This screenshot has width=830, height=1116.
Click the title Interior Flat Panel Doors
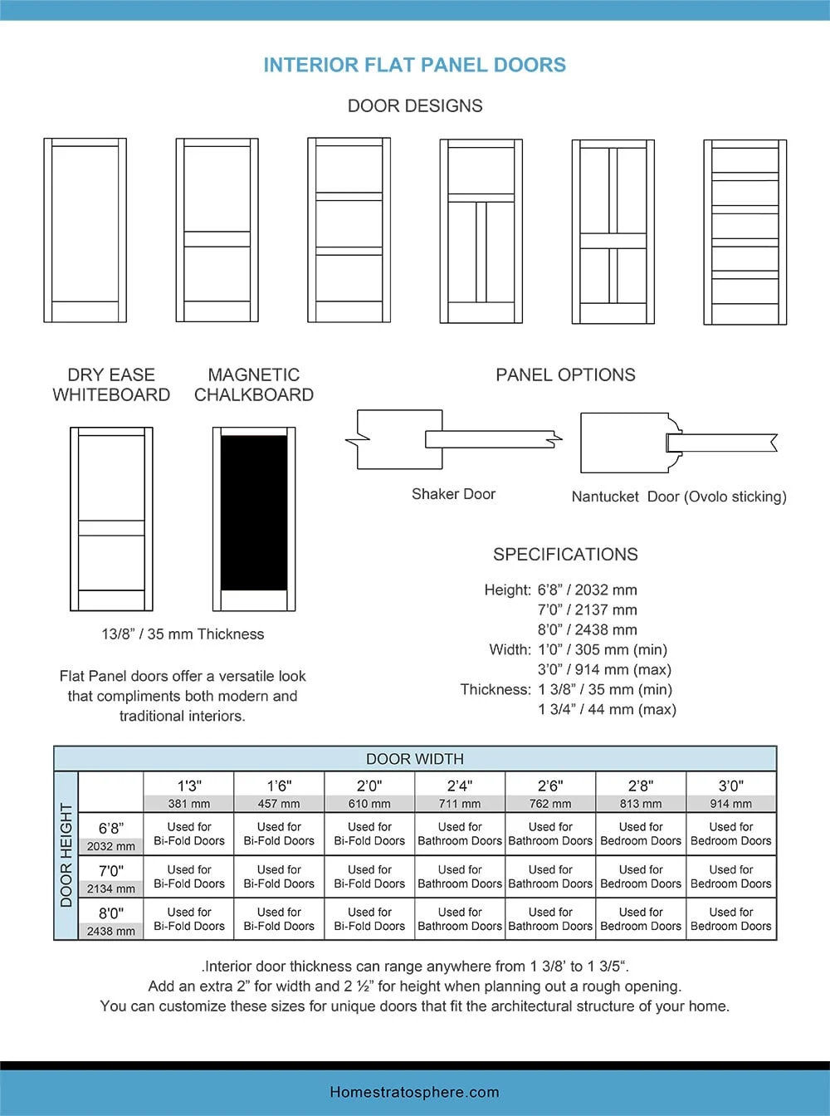pos(415,65)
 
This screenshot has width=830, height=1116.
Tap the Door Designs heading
pos(415,106)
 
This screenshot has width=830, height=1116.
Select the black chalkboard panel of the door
pos(254,512)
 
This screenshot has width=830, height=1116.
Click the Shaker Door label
pos(453,494)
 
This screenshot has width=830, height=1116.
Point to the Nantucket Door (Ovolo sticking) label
pos(679,497)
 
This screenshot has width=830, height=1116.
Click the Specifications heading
pos(565,554)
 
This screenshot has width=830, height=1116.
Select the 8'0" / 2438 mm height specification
pos(587,629)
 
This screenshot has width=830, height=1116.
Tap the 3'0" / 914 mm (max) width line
pos(604,669)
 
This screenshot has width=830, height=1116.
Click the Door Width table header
pos(415,759)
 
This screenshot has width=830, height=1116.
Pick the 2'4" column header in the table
pos(460,786)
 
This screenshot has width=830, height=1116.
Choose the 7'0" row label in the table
pos(110,870)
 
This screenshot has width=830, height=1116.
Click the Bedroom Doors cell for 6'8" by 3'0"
pos(731,834)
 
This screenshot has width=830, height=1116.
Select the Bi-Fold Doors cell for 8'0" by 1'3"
pos(189,918)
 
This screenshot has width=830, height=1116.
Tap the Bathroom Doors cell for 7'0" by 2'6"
pos(550,876)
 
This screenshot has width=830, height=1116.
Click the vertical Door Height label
pos(66,855)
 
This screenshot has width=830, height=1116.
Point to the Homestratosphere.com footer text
pos(415,1092)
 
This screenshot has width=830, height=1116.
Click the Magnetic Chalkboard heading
pos(254,384)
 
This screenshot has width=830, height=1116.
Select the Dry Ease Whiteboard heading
pos(111,384)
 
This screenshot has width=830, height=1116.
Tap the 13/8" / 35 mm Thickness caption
pos(183,634)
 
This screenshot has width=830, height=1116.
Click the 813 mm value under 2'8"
pos(641,804)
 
